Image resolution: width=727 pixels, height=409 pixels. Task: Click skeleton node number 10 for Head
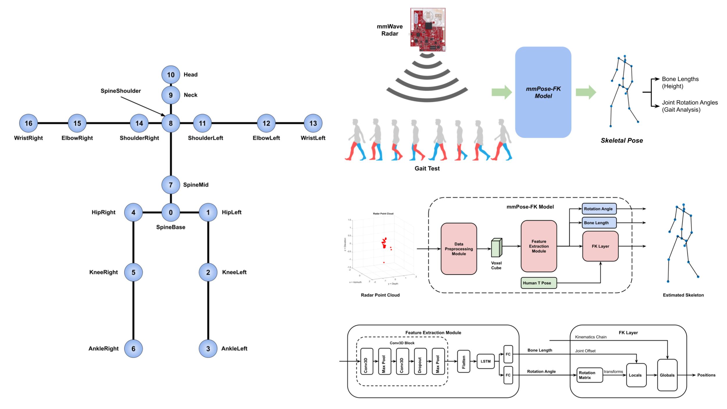pos(171,75)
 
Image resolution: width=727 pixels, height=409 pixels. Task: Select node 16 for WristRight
pos(28,123)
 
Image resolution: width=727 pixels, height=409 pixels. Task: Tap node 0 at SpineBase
pos(171,212)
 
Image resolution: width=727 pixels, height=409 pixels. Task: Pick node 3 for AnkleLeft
pos(208,348)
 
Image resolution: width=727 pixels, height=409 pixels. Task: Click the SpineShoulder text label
pos(120,91)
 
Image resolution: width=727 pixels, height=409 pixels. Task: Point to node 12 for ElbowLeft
pos(266,123)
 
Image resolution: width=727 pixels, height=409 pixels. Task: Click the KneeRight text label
pos(104,272)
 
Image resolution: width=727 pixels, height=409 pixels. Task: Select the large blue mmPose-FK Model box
pos(543,92)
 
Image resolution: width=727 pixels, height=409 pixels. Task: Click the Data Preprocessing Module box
pos(459,249)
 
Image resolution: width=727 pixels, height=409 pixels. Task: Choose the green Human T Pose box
pos(539,283)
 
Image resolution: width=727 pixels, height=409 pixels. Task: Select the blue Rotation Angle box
pos(599,209)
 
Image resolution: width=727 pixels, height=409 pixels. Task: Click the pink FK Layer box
pos(600,246)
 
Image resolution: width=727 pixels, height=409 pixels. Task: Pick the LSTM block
pos(486,361)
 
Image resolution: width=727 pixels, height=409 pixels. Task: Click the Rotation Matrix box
pos(589,375)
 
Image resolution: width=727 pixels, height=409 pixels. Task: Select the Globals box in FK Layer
pos(667,375)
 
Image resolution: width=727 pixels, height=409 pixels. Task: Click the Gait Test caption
pos(427,168)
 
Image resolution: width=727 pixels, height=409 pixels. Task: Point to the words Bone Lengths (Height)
pos(680,83)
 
